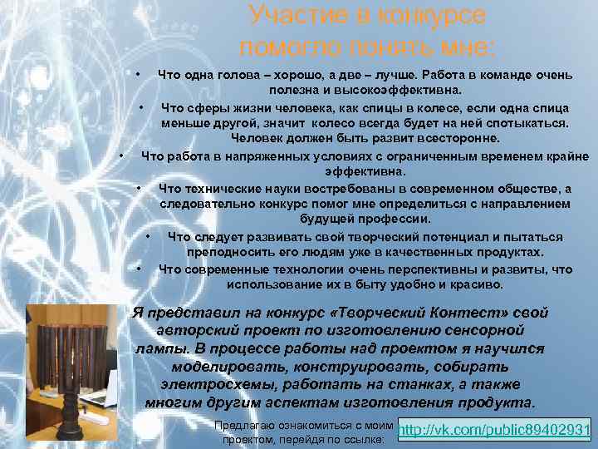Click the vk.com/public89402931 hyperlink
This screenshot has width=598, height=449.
click(494, 431)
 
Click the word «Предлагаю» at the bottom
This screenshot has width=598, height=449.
click(243, 424)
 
